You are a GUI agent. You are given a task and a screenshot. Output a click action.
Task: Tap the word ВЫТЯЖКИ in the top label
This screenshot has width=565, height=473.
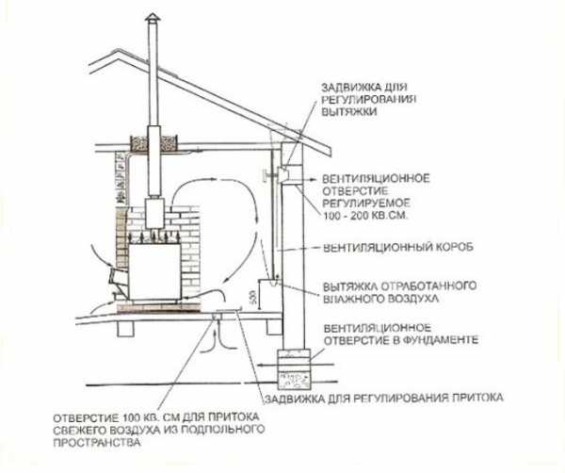tap(348, 111)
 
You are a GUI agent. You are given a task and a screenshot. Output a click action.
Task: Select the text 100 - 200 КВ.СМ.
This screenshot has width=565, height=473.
tap(365, 216)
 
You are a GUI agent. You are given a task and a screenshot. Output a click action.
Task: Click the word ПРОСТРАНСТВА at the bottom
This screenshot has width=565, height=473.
tap(97, 442)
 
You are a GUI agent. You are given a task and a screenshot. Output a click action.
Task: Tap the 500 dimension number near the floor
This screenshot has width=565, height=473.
tap(252, 297)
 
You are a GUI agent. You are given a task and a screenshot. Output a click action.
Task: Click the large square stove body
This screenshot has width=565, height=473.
tap(155, 271)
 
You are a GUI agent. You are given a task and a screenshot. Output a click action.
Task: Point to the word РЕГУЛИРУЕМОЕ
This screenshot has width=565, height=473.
tap(366, 203)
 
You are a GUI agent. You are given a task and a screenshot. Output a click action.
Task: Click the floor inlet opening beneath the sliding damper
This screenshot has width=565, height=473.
tap(218, 317)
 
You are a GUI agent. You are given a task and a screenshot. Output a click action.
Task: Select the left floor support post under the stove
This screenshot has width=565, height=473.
tap(126, 328)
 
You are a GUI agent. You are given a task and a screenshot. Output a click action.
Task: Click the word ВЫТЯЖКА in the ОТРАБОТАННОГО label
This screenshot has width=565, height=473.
tap(350, 286)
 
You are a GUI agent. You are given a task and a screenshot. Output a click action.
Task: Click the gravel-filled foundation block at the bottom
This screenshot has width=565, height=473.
tap(294, 381)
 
